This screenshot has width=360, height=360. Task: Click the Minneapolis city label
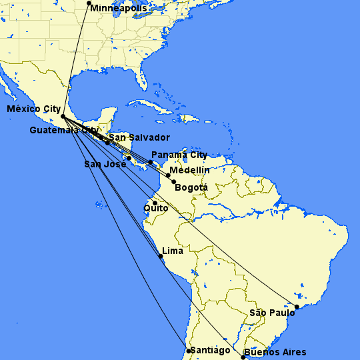click(x=119, y=9)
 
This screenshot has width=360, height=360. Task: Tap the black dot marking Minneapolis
click(x=89, y=3)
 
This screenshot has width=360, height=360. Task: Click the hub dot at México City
click(x=63, y=117)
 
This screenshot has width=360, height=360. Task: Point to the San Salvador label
click(x=139, y=137)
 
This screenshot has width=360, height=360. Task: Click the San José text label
click(x=105, y=164)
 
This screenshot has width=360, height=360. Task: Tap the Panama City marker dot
click(x=151, y=162)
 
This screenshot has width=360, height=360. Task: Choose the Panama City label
click(x=179, y=155)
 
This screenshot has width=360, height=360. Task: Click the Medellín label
click(x=189, y=171)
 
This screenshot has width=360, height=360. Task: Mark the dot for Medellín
click(x=168, y=175)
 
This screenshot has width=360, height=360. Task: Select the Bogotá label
click(x=191, y=188)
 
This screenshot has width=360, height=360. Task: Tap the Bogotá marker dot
click(x=174, y=182)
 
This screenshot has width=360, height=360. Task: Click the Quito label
click(x=156, y=209)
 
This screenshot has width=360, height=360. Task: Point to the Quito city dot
click(x=155, y=203)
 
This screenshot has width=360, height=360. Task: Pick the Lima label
click(x=173, y=251)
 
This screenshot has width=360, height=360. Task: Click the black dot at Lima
click(x=161, y=256)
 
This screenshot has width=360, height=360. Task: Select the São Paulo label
click(x=272, y=313)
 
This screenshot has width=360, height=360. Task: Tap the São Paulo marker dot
click(x=297, y=307)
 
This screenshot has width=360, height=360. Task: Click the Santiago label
click(x=211, y=351)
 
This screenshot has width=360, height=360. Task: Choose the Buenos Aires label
click(x=275, y=352)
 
